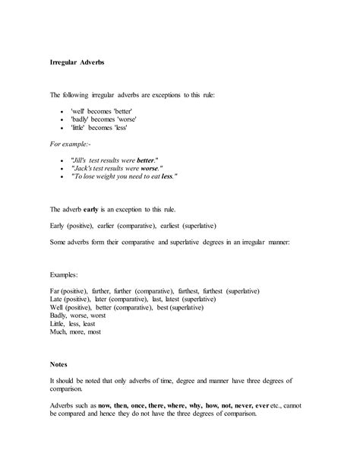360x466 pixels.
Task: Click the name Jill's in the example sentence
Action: [83, 160]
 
